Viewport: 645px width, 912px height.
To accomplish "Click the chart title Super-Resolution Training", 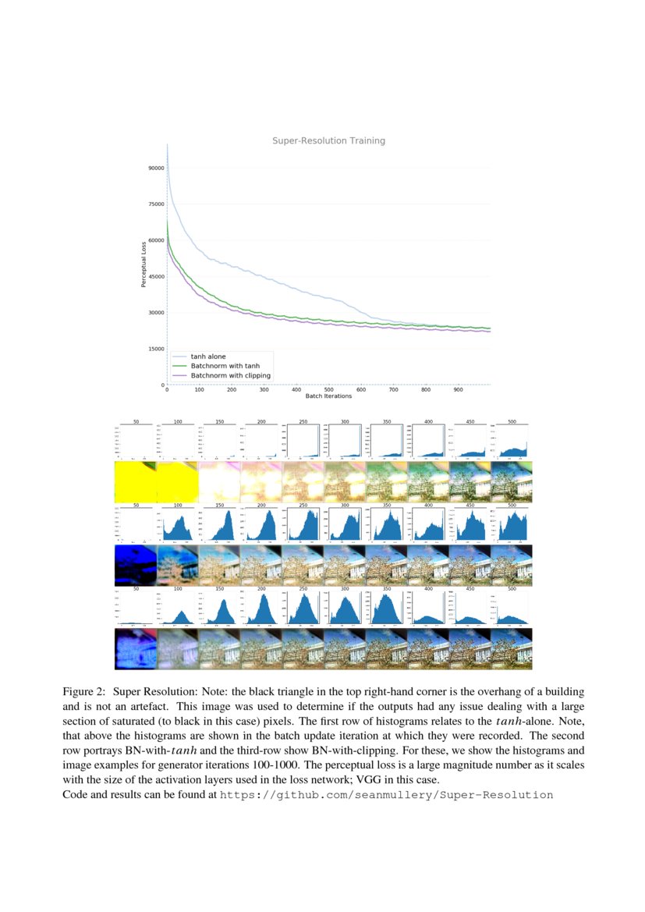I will pyautogui.click(x=328, y=141).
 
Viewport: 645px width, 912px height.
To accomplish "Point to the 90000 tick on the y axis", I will pyautogui.click(x=155, y=168).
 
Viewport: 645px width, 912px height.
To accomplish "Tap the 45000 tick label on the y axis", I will pyautogui.click(x=155, y=276).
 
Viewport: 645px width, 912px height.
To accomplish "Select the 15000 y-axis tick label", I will pyautogui.click(x=155, y=349).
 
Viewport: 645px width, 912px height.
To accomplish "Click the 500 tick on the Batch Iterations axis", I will pyautogui.click(x=328, y=389).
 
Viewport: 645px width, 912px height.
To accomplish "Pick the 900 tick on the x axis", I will pyautogui.click(x=458, y=389).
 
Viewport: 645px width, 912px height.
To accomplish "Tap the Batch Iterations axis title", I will pyautogui.click(x=328, y=396).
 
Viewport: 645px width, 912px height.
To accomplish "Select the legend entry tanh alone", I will pyautogui.click(x=208, y=357).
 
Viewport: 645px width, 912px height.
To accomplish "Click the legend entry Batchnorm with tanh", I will pyautogui.click(x=225, y=366).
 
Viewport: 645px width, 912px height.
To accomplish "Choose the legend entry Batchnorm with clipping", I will pyautogui.click(x=231, y=375).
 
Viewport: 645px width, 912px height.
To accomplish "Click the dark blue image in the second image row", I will pyautogui.click(x=136, y=565).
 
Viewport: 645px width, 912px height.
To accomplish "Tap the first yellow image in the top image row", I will pyautogui.click(x=136, y=481).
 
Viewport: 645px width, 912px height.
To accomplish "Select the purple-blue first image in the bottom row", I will pyautogui.click(x=136, y=648).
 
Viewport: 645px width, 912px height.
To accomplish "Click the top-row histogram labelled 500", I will pyautogui.click(x=512, y=441).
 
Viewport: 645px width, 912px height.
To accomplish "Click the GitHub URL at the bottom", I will pyautogui.click(x=387, y=795).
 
